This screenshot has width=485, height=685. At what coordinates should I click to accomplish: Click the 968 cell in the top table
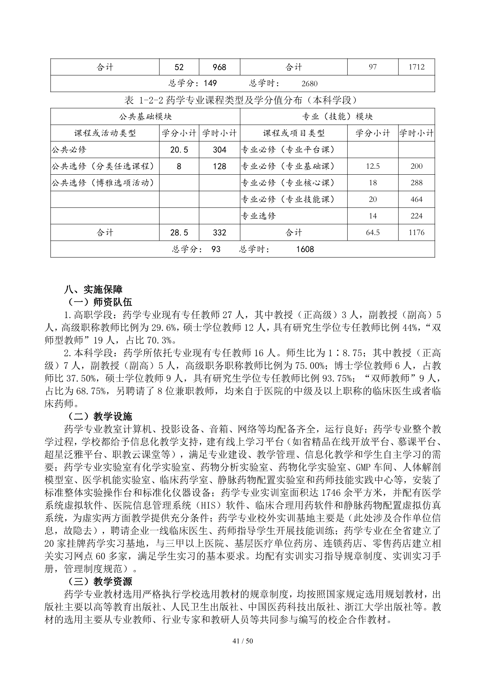[219, 67]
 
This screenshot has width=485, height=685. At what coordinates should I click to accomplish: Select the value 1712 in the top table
[416, 67]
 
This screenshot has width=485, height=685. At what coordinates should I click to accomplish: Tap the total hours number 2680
[310, 84]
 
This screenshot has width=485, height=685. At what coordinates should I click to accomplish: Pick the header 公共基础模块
[145, 117]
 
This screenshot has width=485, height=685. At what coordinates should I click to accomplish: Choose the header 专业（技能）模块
[337, 117]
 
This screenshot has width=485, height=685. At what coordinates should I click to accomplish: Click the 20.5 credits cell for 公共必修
[179, 150]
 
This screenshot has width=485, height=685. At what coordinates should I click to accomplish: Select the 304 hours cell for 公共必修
[219, 150]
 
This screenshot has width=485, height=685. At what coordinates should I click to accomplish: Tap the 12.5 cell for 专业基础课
[373, 166]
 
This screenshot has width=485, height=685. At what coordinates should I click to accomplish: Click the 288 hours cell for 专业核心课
[416, 182]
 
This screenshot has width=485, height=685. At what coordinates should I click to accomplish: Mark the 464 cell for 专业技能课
[416, 199]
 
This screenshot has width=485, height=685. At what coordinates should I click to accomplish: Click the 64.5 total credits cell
[373, 233]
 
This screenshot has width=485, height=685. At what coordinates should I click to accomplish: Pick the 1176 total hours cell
[416, 233]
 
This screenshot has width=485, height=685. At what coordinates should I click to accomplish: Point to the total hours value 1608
[305, 249]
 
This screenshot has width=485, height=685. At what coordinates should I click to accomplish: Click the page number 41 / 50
[242, 652]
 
